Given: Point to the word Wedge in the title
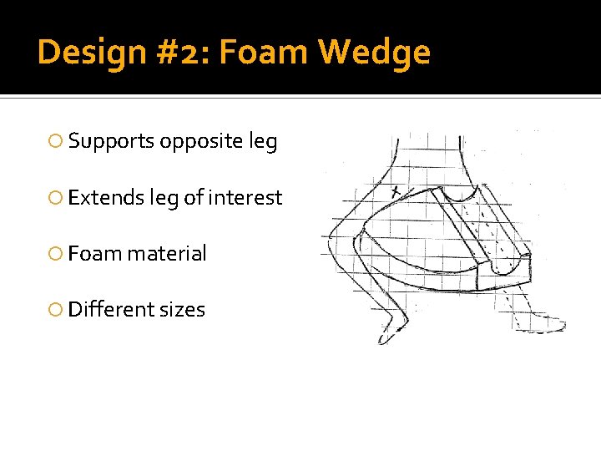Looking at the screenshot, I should pos(375,53).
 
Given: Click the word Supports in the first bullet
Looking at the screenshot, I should pos(112,142).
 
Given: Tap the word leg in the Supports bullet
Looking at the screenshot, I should pos(263,142).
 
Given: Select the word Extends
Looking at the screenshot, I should pos(106,198).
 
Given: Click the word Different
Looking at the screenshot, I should pos(109,310).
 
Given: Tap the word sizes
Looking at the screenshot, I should pos(181,310).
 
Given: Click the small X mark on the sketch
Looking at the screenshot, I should pos(396,192).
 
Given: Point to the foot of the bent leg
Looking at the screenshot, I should pos(390,330).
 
